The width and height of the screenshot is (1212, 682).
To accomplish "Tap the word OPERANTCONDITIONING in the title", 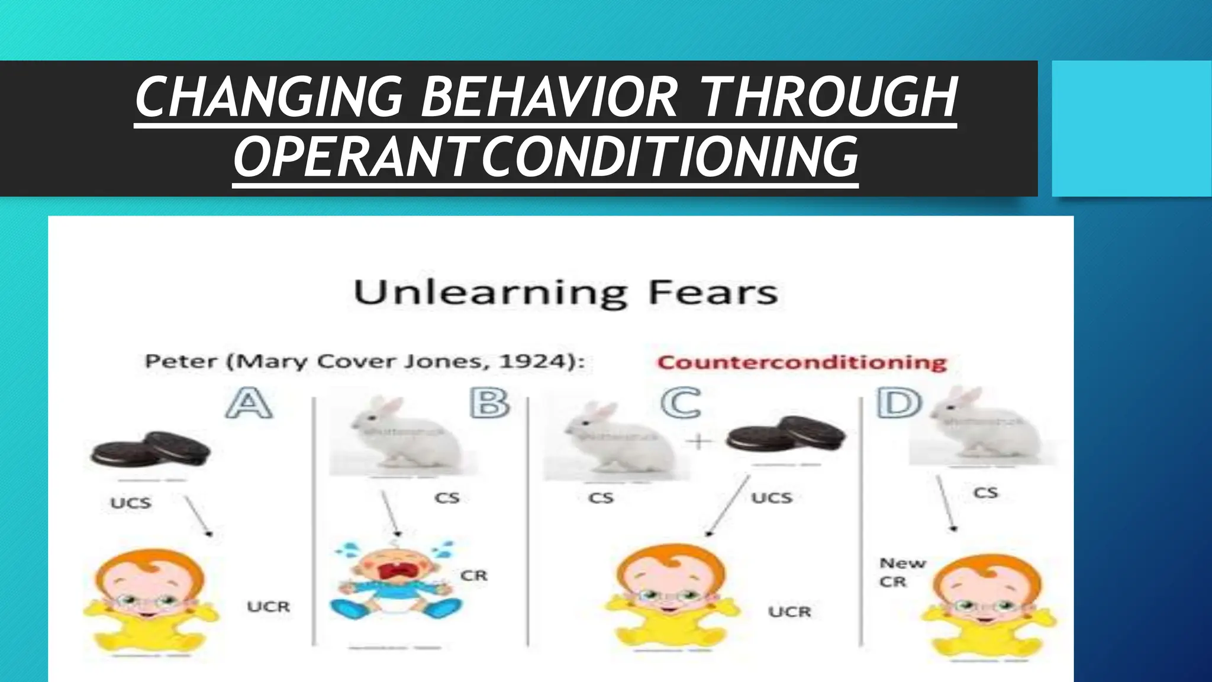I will click(546, 156).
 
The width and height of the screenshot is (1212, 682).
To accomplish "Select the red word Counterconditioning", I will click(802, 362).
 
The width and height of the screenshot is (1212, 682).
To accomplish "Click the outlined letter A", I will click(249, 403).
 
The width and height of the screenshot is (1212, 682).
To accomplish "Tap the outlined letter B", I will click(489, 403).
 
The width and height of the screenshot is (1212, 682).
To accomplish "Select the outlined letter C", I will click(681, 403).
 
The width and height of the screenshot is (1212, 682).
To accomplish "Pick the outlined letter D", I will click(899, 403).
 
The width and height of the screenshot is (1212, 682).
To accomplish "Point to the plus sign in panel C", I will click(699, 442).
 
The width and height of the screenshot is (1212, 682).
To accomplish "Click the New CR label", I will click(901, 572).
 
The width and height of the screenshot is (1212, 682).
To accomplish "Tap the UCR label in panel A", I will click(268, 607).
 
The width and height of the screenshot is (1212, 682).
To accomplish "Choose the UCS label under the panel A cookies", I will click(131, 503).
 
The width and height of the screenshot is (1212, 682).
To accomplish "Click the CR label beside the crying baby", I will click(473, 575).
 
